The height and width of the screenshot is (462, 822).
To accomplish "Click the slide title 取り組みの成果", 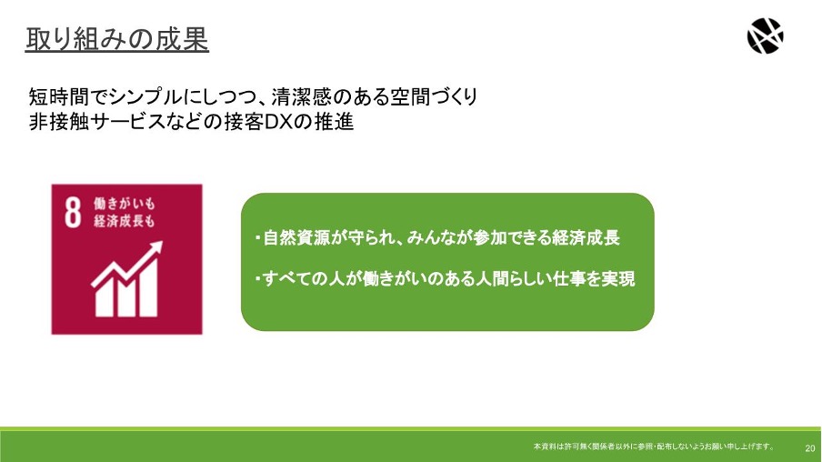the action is point(117,39).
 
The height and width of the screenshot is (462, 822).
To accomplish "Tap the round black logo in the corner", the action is point(765,35).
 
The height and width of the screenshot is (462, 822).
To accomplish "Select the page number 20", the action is point(810,447).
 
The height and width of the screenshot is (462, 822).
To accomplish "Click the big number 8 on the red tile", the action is point(73,213).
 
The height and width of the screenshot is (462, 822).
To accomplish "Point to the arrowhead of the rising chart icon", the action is point(155,248).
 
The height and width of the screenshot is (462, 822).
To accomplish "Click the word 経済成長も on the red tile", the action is point(125,221).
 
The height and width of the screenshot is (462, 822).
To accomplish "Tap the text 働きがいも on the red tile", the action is point(125,204).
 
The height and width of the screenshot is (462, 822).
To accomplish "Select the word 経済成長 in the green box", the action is point(586,237).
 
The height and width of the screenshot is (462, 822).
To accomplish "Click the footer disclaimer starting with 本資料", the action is point(654,447).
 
